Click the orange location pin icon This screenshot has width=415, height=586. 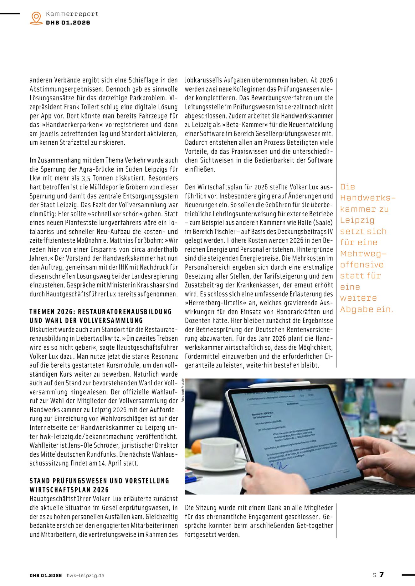coord(36,18)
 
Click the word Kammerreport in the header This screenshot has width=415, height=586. coord(72,14)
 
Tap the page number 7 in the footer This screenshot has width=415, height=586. coord(382,574)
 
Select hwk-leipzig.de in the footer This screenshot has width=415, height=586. coord(85,575)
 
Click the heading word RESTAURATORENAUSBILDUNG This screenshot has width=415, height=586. coord(125,312)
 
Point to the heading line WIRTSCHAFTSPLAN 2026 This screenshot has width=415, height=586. coord(69,490)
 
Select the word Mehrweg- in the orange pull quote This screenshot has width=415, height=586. coord(363,253)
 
